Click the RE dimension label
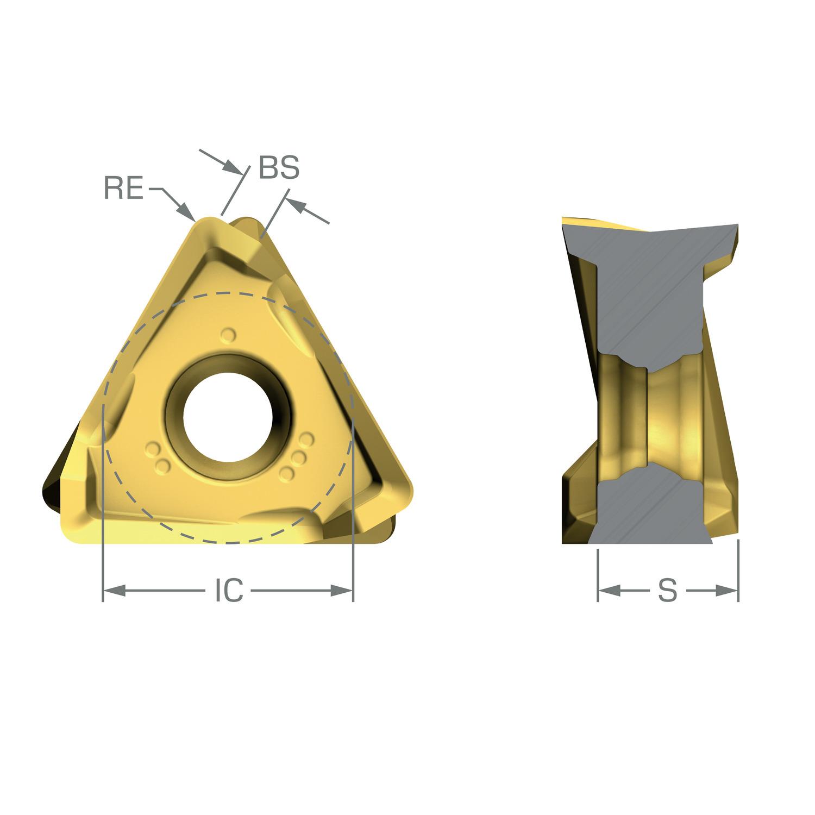click(124, 190)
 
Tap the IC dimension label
click(228, 590)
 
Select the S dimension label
click(668, 590)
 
